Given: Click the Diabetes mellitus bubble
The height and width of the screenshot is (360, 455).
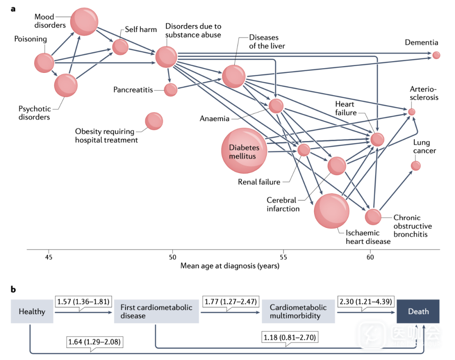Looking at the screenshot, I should (x=244, y=151).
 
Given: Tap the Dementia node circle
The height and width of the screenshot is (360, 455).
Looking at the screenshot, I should (x=436, y=55).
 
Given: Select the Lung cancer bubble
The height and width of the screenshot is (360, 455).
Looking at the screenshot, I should (x=416, y=165).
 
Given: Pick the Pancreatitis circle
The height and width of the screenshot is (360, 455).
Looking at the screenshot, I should (x=171, y=90).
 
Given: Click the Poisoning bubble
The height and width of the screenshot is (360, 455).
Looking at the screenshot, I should (x=44, y=63).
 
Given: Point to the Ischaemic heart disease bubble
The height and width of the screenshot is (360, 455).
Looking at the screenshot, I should (x=332, y=211).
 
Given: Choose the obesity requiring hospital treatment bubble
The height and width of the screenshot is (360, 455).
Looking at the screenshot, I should (x=154, y=121).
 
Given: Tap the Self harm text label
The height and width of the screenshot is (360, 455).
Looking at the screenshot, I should (x=141, y=29).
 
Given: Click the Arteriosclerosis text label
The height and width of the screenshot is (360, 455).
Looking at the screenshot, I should (x=424, y=93).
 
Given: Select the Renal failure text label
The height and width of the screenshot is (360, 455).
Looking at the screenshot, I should (x=259, y=182).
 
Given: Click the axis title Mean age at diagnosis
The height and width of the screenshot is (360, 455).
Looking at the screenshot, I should (x=230, y=266).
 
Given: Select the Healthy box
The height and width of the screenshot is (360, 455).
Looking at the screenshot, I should (x=32, y=312).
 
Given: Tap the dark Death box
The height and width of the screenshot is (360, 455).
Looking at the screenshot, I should (x=418, y=312).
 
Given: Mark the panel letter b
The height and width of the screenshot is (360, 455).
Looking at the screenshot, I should (x=13, y=289).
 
